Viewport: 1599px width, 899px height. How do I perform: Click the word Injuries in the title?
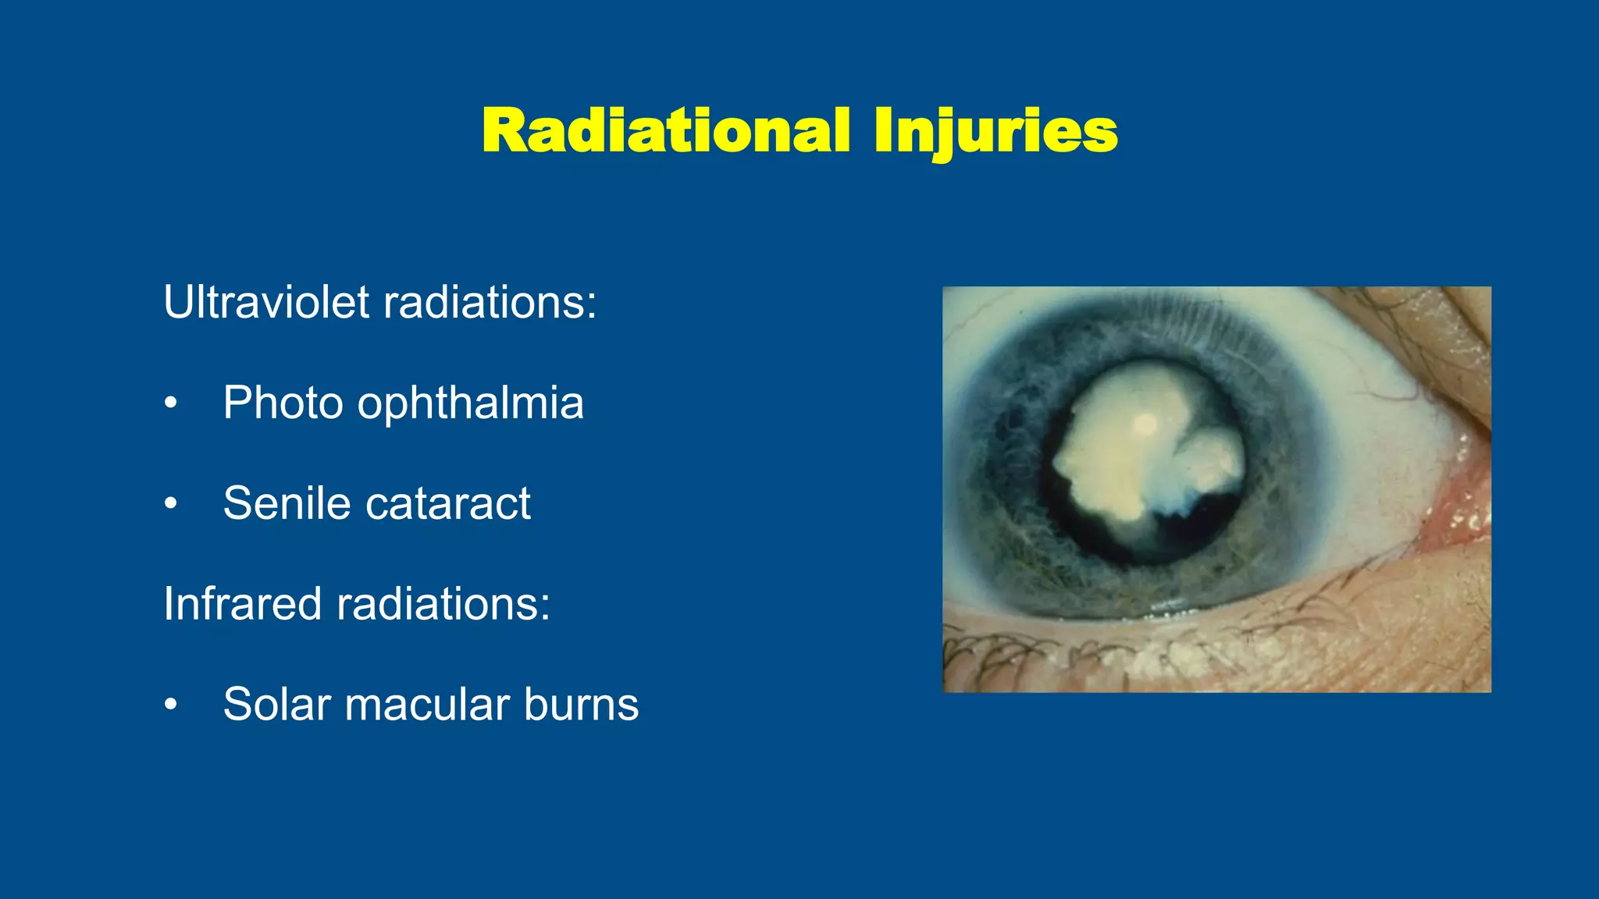point(995,130)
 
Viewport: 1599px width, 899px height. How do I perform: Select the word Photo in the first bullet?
point(283,403)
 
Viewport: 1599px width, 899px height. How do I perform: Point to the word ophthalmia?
point(470,403)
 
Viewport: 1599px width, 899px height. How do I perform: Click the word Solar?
point(276,704)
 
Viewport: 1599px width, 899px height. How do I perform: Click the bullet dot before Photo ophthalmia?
point(171,403)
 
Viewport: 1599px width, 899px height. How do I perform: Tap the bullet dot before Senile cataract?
point(171,504)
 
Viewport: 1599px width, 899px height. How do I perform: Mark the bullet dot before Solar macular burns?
point(171,705)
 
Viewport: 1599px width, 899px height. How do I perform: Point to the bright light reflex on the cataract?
point(1145,425)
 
